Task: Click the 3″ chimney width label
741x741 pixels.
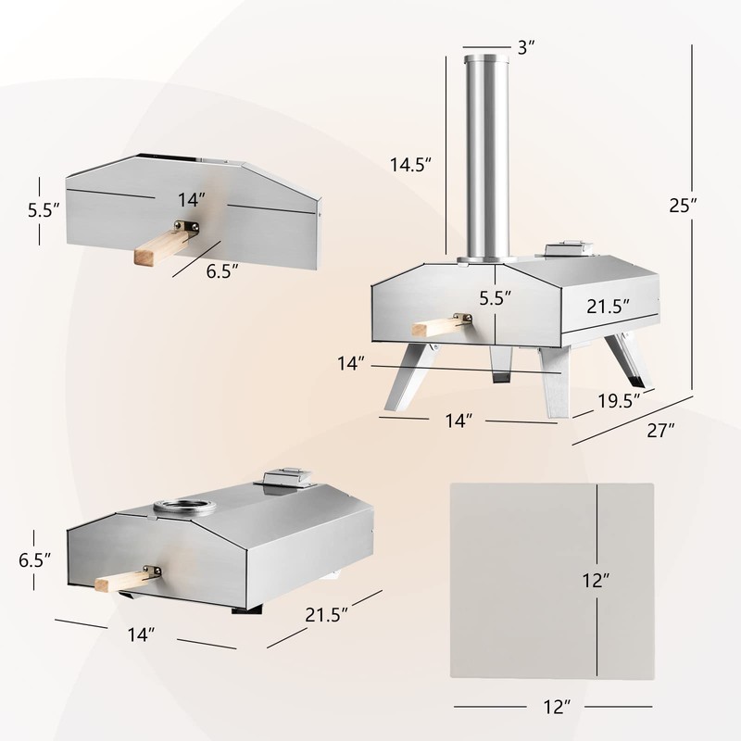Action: pyautogui.click(x=526, y=47)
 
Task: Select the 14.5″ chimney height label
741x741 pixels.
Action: pyautogui.click(x=410, y=165)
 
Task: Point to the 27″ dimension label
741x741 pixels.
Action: pyautogui.click(x=660, y=430)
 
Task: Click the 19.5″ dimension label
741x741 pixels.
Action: pyautogui.click(x=619, y=401)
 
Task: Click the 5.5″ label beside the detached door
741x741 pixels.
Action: pyautogui.click(x=44, y=210)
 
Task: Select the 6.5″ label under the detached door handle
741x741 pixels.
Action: pyautogui.click(x=221, y=271)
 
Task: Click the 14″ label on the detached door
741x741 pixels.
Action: pyautogui.click(x=192, y=200)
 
